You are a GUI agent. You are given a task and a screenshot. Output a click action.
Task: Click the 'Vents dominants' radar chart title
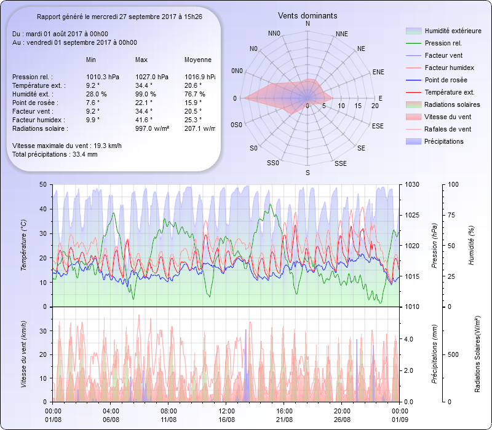click(x=307, y=15)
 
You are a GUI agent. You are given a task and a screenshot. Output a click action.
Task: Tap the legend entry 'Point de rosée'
click(x=445, y=80)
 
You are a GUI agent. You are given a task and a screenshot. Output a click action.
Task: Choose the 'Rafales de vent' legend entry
click(x=448, y=129)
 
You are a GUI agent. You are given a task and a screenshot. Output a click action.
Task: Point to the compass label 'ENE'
click(x=378, y=72)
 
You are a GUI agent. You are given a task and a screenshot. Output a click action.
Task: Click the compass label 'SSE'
click(x=340, y=164)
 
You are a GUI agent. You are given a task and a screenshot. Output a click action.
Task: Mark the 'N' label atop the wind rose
click(x=307, y=23)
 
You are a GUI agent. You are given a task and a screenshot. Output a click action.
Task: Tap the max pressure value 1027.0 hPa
click(x=151, y=77)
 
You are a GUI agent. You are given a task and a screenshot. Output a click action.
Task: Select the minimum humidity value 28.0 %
click(x=97, y=94)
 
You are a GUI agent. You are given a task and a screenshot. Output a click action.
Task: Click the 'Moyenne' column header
click(x=198, y=60)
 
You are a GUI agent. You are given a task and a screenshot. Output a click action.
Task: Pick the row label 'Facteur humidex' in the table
click(x=36, y=120)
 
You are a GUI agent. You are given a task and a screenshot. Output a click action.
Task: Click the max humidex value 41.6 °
click(x=144, y=120)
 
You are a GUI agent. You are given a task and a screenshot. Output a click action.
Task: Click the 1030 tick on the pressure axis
click(x=411, y=184)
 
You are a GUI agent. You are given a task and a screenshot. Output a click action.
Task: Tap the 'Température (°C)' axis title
click(x=24, y=246)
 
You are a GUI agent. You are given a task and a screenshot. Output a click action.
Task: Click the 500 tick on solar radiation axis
click(x=453, y=354)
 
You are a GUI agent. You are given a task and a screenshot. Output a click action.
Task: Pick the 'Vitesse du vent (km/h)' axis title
click(x=24, y=353)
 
